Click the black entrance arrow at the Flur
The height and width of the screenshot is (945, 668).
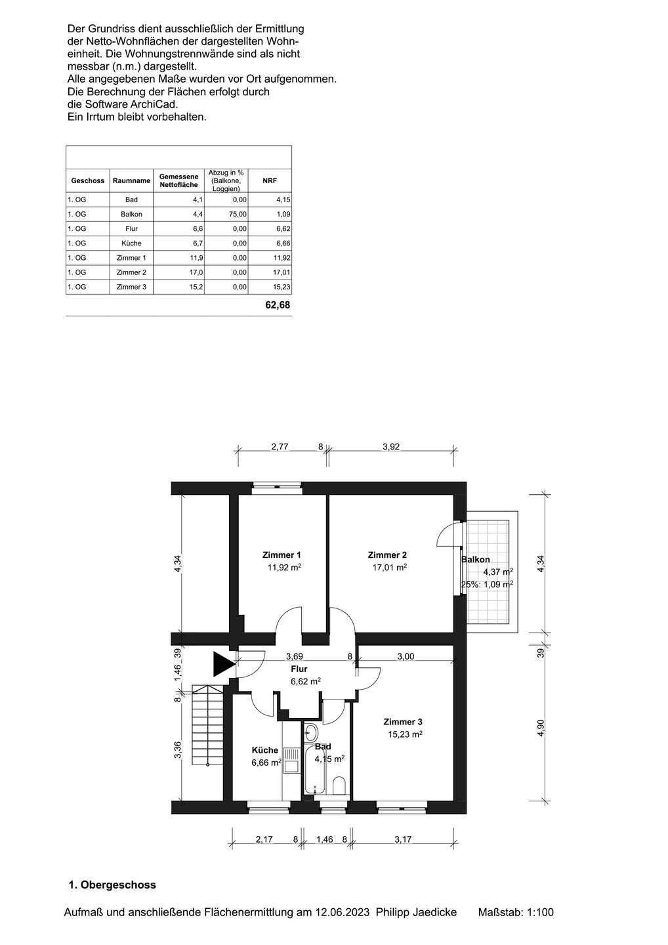(222, 664)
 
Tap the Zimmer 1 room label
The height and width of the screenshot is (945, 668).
(282, 555)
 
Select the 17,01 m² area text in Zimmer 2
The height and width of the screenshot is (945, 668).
(389, 568)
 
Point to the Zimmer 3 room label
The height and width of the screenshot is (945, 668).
(403, 722)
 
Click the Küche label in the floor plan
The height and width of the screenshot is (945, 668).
(265, 750)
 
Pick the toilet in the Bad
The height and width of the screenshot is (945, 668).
(339, 785)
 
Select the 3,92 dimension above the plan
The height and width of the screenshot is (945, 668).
(391, 447)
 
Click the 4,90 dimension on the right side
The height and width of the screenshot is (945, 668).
(541, 727)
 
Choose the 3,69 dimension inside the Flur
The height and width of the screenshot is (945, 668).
(295, 656)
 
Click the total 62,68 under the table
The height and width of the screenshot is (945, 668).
(278, 305)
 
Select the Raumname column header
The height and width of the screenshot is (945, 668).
(131, 180)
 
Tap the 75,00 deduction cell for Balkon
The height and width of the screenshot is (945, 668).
(238, 215)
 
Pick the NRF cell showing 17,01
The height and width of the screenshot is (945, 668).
(282, 272)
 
